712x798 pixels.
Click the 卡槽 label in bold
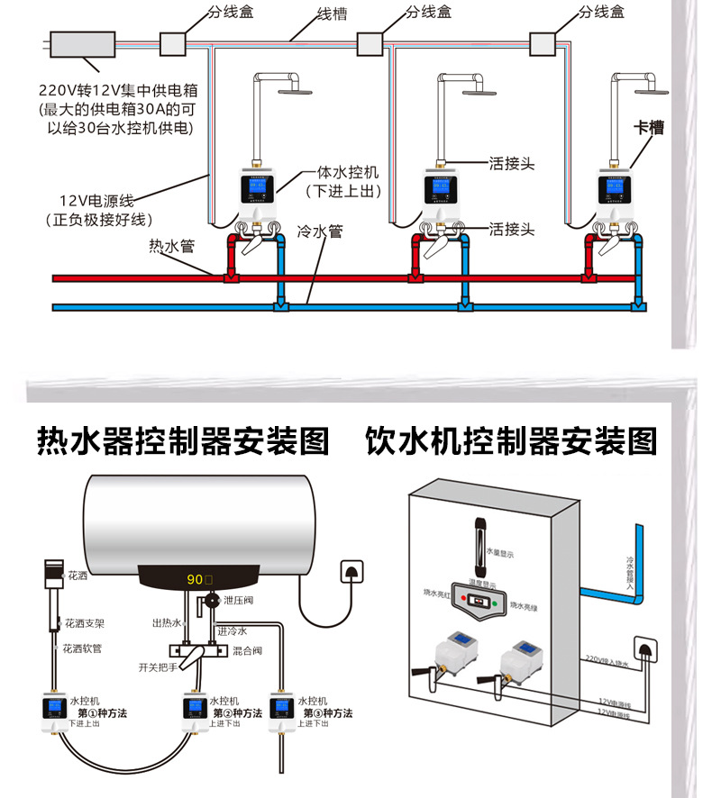pyautogui.click(x=648, y=129)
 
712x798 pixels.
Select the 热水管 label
pyautogui.click(x=171, y=246)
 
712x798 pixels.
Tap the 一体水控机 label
pyautogui.click(x=348, y=171)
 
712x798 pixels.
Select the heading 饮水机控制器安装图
pyautogui.click(x=512, y=441)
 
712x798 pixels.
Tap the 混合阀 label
pyautogui.click(x=247, y=649)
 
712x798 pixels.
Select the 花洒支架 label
pyautogui.click(x=86, y=622)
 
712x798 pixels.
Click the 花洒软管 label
pyautogui.click(x=85, y=648)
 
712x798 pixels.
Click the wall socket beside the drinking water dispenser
pyautogui.click(x=643, y=647)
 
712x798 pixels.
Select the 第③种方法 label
pyautogui.click(x=325, y=712)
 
